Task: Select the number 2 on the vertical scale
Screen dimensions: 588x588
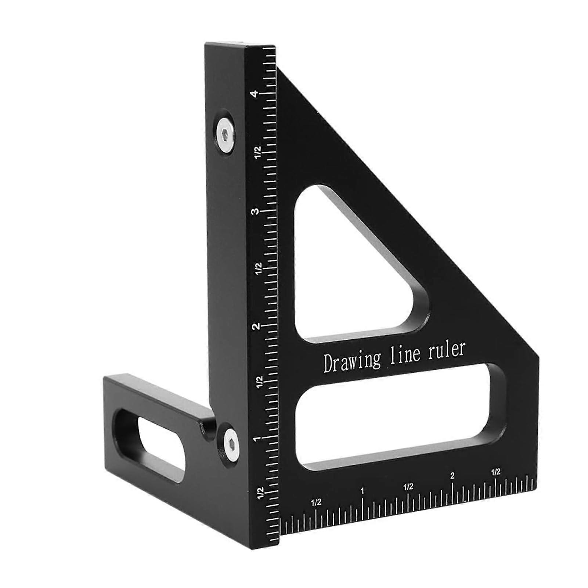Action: tap(257, 326)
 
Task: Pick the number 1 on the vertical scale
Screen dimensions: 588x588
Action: tap(257, 438)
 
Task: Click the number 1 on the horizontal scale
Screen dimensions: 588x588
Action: tap(362, 491)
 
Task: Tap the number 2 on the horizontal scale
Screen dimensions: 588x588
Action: tap(452, 476)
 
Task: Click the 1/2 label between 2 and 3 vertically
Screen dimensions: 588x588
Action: tap(259, 268)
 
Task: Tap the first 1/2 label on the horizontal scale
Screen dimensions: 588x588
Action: tap(316, 502)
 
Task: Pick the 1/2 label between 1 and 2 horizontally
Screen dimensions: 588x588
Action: tap(408, 487)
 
